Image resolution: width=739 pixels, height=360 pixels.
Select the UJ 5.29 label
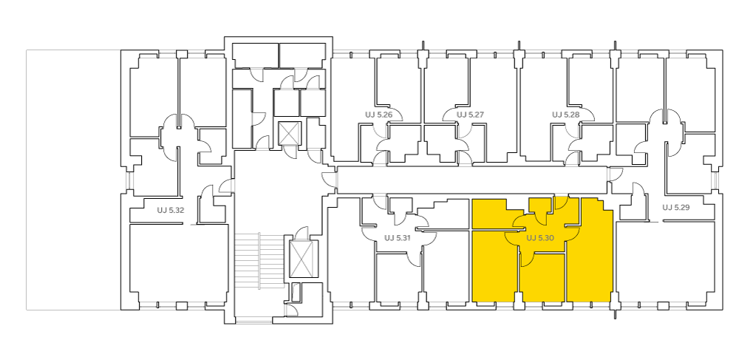(x=676, y=207)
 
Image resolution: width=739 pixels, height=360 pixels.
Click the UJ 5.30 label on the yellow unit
(x=539, y=239)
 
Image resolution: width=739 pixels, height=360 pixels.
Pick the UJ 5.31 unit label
(x=398, y=238)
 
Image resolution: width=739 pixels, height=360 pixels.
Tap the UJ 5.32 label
(x=171, y=210)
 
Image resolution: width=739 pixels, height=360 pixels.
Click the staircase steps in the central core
(x=259, y=261)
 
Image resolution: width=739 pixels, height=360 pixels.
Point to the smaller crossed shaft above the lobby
(x=289, y=134)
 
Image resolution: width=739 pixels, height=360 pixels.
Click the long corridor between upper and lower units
(x=472, y=180)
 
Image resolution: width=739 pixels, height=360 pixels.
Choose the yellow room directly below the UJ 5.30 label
(x=542, y=277)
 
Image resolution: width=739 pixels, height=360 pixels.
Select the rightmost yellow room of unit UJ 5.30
(x=590, y=254)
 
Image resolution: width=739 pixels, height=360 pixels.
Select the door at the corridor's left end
(x=331, y=180)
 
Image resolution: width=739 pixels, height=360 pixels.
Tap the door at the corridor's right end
(x=614, y=174)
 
